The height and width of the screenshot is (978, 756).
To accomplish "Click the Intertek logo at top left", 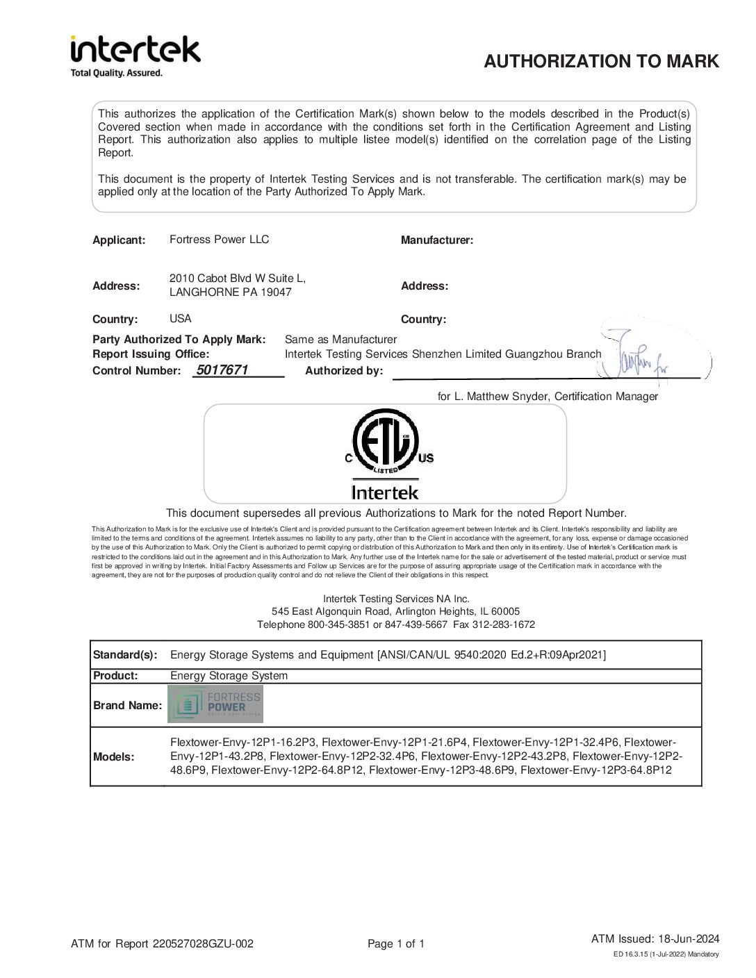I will [x=135, y=50].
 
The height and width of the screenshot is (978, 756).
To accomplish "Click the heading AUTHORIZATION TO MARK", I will [x=601, y=61].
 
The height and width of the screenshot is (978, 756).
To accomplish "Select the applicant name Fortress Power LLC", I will [x=219, y=240].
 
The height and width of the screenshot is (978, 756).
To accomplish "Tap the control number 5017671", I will [x=222, y=370].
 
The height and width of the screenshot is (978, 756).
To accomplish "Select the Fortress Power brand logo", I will [x=215, y=704].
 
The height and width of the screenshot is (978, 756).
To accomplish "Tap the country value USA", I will [x=180, y=319].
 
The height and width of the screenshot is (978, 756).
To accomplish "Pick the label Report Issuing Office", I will [x=151, y=354].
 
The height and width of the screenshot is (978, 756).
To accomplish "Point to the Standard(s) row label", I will [x=125, y=655].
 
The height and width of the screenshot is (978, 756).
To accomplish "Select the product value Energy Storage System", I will [x=229, y=676].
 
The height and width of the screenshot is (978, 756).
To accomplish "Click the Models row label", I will [x=114, y=756].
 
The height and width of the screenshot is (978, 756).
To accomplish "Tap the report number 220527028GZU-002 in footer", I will [x=203, y=943].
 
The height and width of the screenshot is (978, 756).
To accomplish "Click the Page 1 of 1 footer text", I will [x=395, y=943].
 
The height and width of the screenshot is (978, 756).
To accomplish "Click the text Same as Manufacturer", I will [x=340, y=340].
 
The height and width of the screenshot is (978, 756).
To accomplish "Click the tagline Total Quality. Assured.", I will [x=117, y=73].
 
